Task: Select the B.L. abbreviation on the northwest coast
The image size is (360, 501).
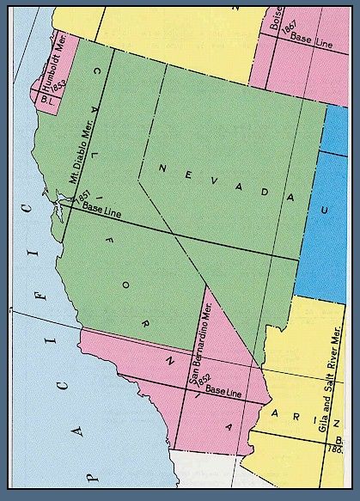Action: coord(47,99)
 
